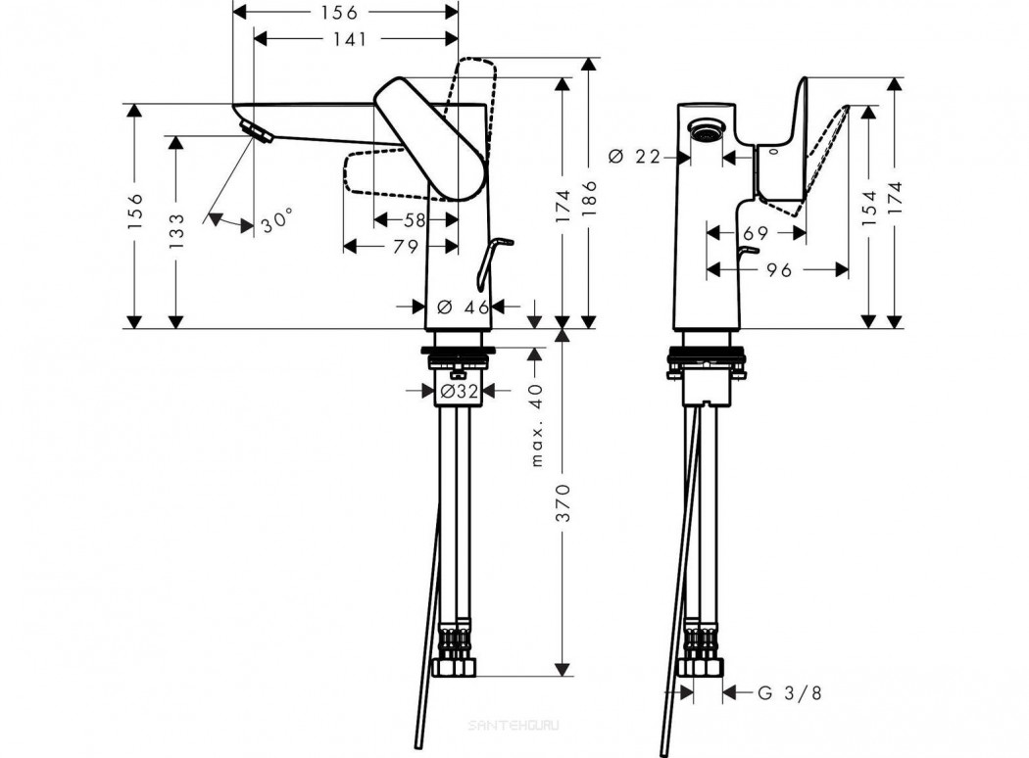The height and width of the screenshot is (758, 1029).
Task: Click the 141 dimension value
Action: tap(350, 39)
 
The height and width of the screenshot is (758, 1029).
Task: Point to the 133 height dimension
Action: tap(176, 231)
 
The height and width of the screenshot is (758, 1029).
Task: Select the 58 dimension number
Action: tap(415, 220)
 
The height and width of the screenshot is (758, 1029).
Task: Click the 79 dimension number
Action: tap(406, 247)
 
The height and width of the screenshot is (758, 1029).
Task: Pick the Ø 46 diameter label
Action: tap(464, 307)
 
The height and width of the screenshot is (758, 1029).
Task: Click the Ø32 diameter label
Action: tap(460, 392)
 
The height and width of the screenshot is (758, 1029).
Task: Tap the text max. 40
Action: tap(537, 425)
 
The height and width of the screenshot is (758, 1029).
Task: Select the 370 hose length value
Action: tap(563, 503)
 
